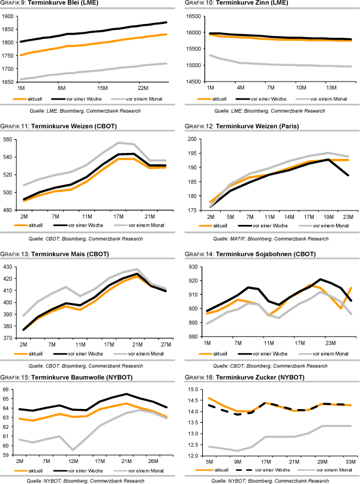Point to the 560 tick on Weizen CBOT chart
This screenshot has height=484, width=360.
(10, 139)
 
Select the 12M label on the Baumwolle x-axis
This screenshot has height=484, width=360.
(74, 461)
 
